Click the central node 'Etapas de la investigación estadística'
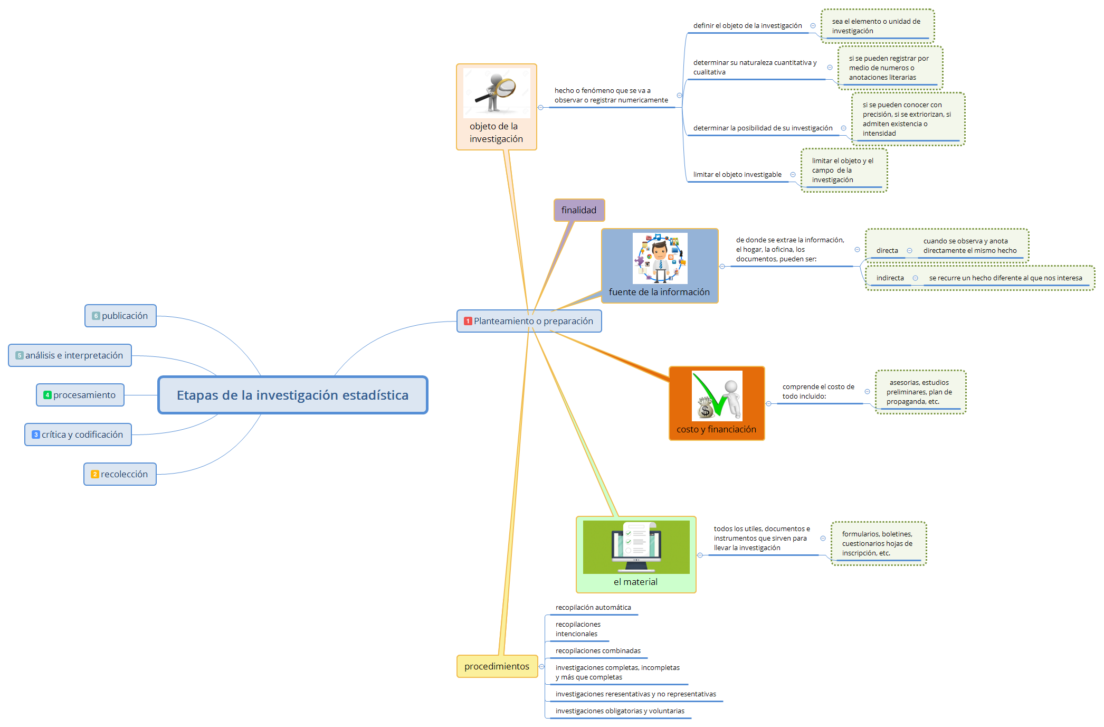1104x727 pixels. pyautogui.click(x=292, y=395)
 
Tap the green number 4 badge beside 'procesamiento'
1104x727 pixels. pyautogui.click(x=47, y=395)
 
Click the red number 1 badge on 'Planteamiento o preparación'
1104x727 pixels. pyautogui.click(x=468, y=321)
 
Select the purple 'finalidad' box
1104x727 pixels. pyautogui.click(x=579, y=210)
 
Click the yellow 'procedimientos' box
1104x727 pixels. pyautogui.click(x=497, y=666)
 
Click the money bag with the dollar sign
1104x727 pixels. pyautogui.click(x=705, y=409)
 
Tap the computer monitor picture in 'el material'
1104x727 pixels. pyautogui.click(x=636, y=547)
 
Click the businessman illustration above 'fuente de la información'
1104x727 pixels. pyautogui.click(x=660, y=258)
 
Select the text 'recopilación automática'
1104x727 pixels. pyautogui.click(x=593, y=608)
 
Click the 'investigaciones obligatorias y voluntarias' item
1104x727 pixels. pyautogui.click(x=620, y=711)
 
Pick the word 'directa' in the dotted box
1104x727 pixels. pyautogui.click(x=887, y=251)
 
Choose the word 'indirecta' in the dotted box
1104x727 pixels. pyautogui.click(x=890, y=278)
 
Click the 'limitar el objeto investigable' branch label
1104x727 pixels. pyautogui.click(x=737, y=175)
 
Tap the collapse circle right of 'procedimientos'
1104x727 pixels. pyautogui.click(x=541, y=666)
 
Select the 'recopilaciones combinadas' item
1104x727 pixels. pyautogui.click(x=598, y=651)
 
